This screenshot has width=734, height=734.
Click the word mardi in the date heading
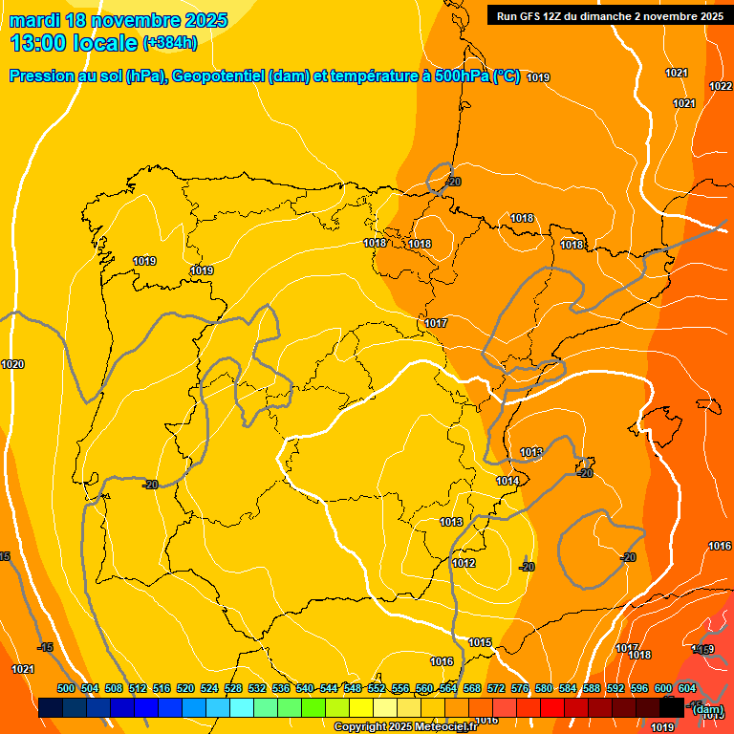34,19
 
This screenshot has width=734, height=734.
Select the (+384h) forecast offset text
169,43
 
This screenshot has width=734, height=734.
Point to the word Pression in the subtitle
43,76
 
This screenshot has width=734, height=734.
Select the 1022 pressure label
720,86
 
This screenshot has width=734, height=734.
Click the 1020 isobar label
12,364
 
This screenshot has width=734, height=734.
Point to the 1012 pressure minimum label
464,563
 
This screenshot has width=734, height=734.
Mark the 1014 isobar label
507,481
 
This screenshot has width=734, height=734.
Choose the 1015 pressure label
480,642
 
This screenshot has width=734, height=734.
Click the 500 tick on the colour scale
66,688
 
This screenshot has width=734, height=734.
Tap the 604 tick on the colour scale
686,688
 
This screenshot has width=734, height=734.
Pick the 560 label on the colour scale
424,688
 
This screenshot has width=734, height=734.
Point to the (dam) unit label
707,709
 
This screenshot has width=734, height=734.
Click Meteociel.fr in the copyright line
440,727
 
